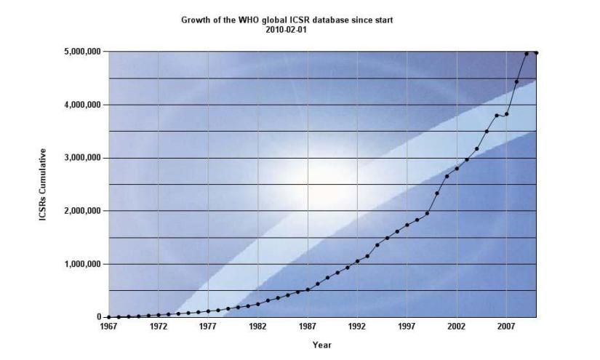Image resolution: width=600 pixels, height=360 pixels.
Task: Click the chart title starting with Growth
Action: pos(287,20)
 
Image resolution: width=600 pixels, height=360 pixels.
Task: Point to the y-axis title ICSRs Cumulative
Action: pos(44,185)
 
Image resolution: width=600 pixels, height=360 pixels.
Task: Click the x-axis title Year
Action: pos(321,345)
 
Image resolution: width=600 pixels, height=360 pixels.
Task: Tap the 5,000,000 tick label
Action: pos(81,52)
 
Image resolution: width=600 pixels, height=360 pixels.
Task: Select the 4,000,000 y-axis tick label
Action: pos(81,105)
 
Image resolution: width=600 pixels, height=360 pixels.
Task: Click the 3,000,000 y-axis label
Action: pos(81,158)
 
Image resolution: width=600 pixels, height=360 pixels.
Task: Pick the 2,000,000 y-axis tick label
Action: pos(81,211)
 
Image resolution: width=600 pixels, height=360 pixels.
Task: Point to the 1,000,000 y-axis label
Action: pos(81,264)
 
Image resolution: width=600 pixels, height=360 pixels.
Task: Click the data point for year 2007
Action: pos(506,114)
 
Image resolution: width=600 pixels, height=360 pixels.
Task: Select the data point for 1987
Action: pos(308,289)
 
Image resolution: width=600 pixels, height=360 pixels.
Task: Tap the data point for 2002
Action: pos(457,168)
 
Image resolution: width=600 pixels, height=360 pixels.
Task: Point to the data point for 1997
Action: pos(407,225)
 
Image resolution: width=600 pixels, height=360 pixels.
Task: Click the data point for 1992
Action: pos(357,261)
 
